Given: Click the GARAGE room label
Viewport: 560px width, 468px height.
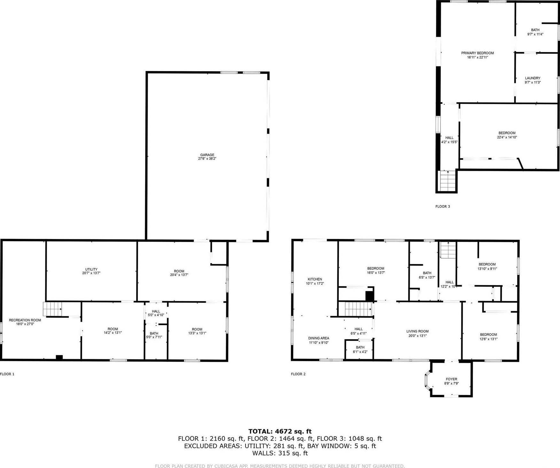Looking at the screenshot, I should click(x=207, y=156).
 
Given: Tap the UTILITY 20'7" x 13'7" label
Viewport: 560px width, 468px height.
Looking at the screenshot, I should click(x=91, y=271).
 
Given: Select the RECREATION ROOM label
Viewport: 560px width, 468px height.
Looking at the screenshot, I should click(x=25, y=322).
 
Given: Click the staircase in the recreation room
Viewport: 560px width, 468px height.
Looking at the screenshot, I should click(x=52, y=309).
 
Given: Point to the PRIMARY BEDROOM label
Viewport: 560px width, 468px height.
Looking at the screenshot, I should click(x=477, y=55).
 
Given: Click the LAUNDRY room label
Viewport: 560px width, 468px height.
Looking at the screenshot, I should click(x=533, y=80).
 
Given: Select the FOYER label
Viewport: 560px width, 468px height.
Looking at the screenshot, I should click(x=451, y=381).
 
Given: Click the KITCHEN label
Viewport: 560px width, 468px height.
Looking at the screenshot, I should click(x=315, y=281).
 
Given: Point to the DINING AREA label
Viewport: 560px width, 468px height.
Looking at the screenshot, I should click(x=318, y=340).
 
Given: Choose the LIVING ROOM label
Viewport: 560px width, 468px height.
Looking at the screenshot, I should click(x=417, y=333).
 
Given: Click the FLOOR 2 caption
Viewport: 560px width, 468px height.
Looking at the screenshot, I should click(x=298, y=374).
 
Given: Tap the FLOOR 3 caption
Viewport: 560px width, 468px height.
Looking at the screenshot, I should click(x=442, y=206).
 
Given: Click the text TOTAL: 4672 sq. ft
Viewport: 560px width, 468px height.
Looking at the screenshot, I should click(x=280, y=431).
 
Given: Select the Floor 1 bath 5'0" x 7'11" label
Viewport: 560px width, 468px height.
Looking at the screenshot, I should click(x=154, y=335).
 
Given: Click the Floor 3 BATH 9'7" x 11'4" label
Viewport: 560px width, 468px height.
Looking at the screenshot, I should click(x=535, y=32).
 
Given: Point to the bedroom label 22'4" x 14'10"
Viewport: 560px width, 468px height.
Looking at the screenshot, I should click(x=507, y=135).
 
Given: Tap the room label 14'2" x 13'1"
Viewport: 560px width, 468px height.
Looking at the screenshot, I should click(x=113, y=330).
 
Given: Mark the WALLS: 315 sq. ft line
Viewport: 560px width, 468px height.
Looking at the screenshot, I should click(x=280, y=453).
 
